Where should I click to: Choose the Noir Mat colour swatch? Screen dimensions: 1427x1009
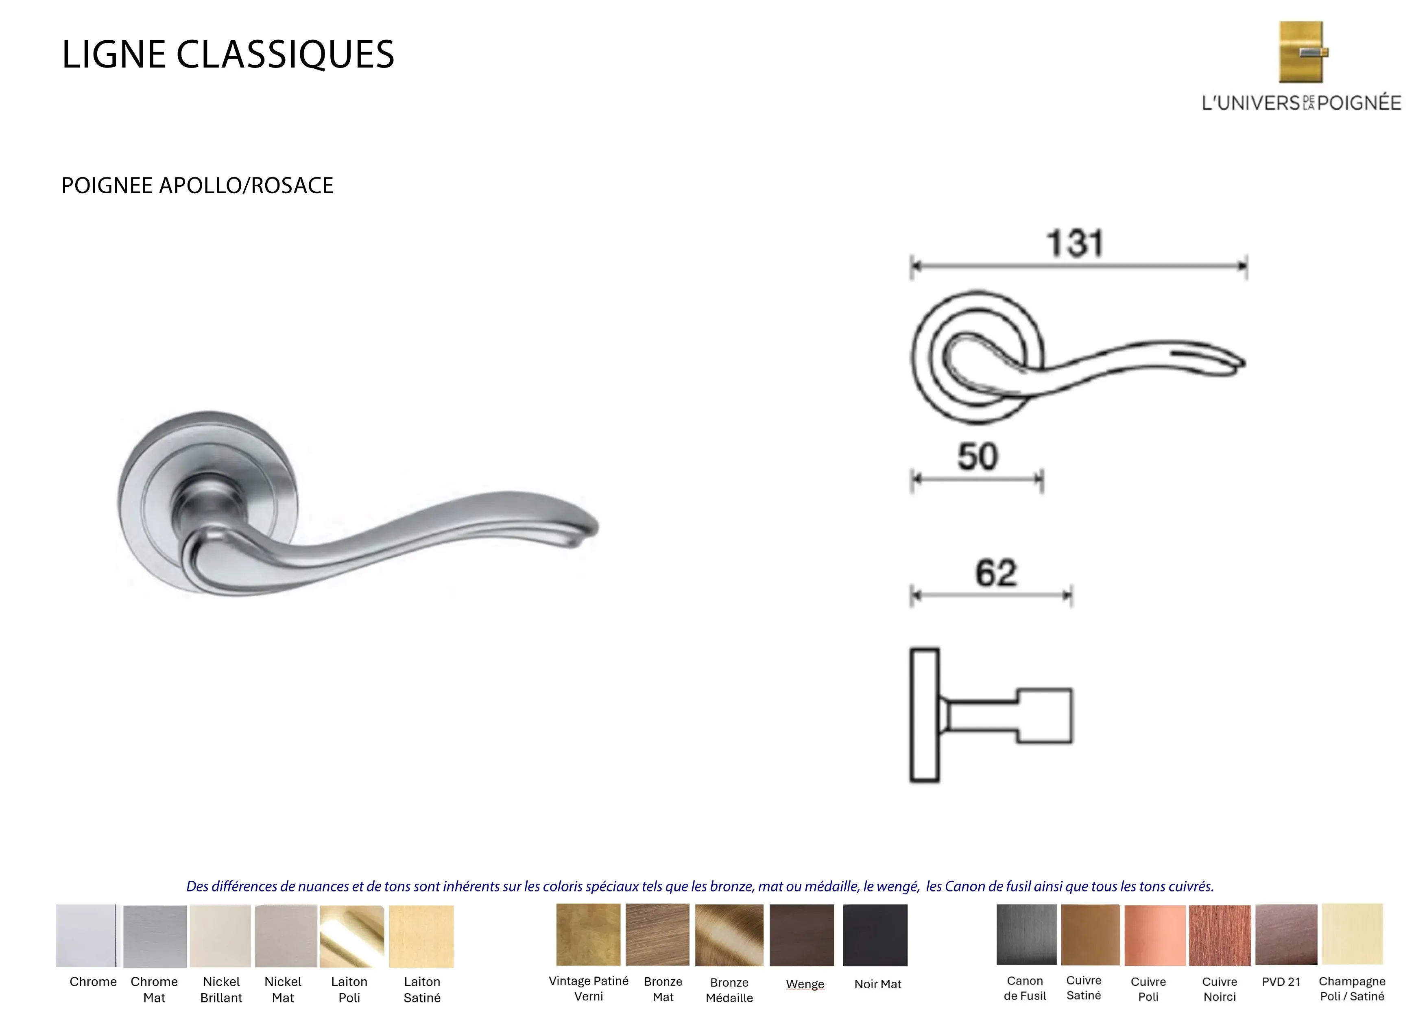[x=875, y=935]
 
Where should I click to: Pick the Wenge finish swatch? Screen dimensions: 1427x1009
[x=802, y=935]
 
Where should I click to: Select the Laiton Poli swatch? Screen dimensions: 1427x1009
[x=352, y=936]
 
